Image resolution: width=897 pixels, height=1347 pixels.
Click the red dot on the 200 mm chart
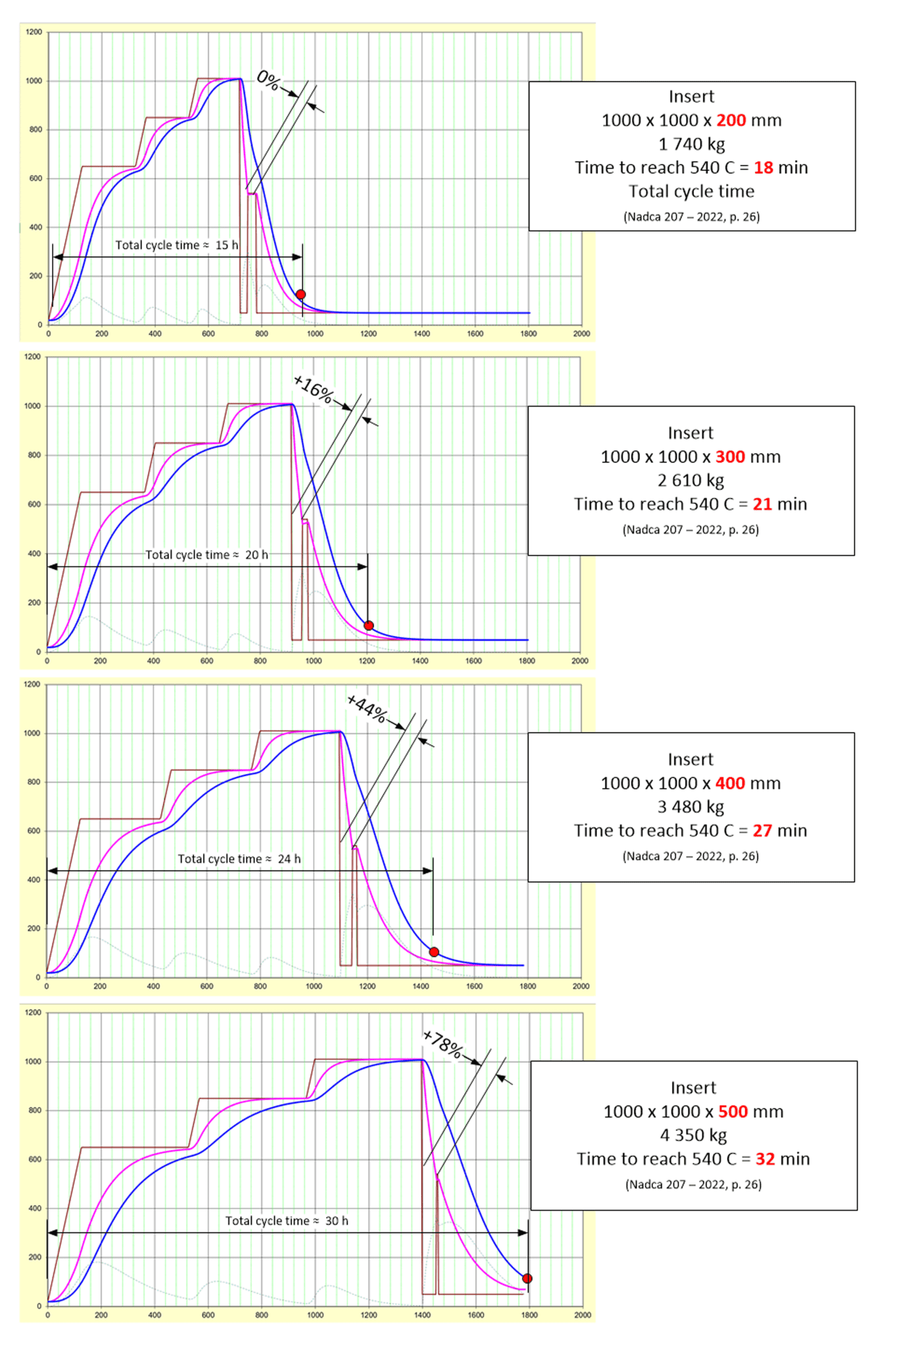click(x=301, y=295)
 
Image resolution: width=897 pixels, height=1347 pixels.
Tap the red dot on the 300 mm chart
click(x=369, y=625)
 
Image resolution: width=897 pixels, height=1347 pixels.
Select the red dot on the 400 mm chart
click(x=434, y=952)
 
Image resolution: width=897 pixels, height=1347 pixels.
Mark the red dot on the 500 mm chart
click(x=527, y=1279)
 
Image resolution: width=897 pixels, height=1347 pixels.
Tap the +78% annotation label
click(x=443, y=1044)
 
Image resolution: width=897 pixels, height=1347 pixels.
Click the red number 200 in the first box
click(x=731, y=120)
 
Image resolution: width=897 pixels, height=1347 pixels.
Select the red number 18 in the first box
click(x=763, y=168)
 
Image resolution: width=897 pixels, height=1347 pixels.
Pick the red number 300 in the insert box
click(x=730, y=457)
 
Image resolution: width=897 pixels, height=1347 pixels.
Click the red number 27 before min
click(x=762, y=831)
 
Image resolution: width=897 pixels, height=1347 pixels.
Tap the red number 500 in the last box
click(x=733, y=1112)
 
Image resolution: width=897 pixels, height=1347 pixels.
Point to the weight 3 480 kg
click(x=691, y=807)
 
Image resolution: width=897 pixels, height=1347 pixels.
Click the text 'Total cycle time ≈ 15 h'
click(x=177, y=245)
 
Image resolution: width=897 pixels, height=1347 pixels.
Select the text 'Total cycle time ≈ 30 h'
click(x=287, y=1221)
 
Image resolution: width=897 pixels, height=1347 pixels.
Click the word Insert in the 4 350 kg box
click(x=693, y=1088)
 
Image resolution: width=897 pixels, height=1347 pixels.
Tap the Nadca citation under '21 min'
click(x=691, y=529)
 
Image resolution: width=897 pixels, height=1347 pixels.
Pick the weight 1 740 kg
click(x=691, y=144)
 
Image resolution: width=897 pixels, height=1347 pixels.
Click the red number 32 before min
click(x=765, y=1159)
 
